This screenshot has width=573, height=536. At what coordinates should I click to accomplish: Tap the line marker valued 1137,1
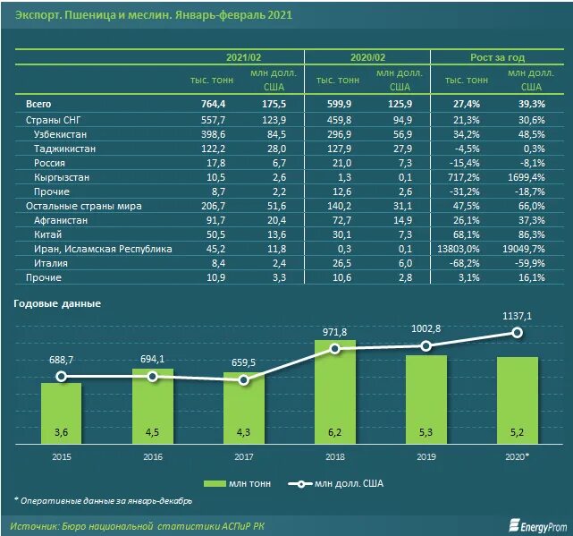[518, 332]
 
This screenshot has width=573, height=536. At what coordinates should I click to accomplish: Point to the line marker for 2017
[243, 379]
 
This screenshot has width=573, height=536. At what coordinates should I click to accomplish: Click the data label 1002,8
[426, 328]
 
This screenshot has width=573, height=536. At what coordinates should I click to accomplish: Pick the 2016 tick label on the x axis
[153, 457]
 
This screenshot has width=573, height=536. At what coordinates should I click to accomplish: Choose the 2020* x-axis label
[518, 457]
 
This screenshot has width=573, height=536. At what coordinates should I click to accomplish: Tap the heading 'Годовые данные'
[57, 303]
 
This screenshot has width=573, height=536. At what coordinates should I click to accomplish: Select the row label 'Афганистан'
[63, 220]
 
